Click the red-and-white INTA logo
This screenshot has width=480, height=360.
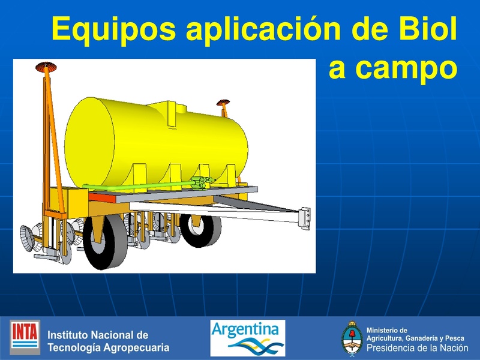[25, 337]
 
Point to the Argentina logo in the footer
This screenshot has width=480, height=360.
[247, 337]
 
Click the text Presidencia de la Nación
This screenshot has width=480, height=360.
[416, 348]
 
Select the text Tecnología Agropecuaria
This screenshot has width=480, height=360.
[108, 347]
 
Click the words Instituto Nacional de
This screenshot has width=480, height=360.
[97, 335]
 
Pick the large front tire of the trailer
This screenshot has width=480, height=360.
[106, 240]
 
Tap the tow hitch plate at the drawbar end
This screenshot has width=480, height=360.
[305, 217]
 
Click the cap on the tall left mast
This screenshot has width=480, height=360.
[44, 65]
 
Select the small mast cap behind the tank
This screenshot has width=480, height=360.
[223, 103]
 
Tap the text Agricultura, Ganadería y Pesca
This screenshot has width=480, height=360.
[415, 338]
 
